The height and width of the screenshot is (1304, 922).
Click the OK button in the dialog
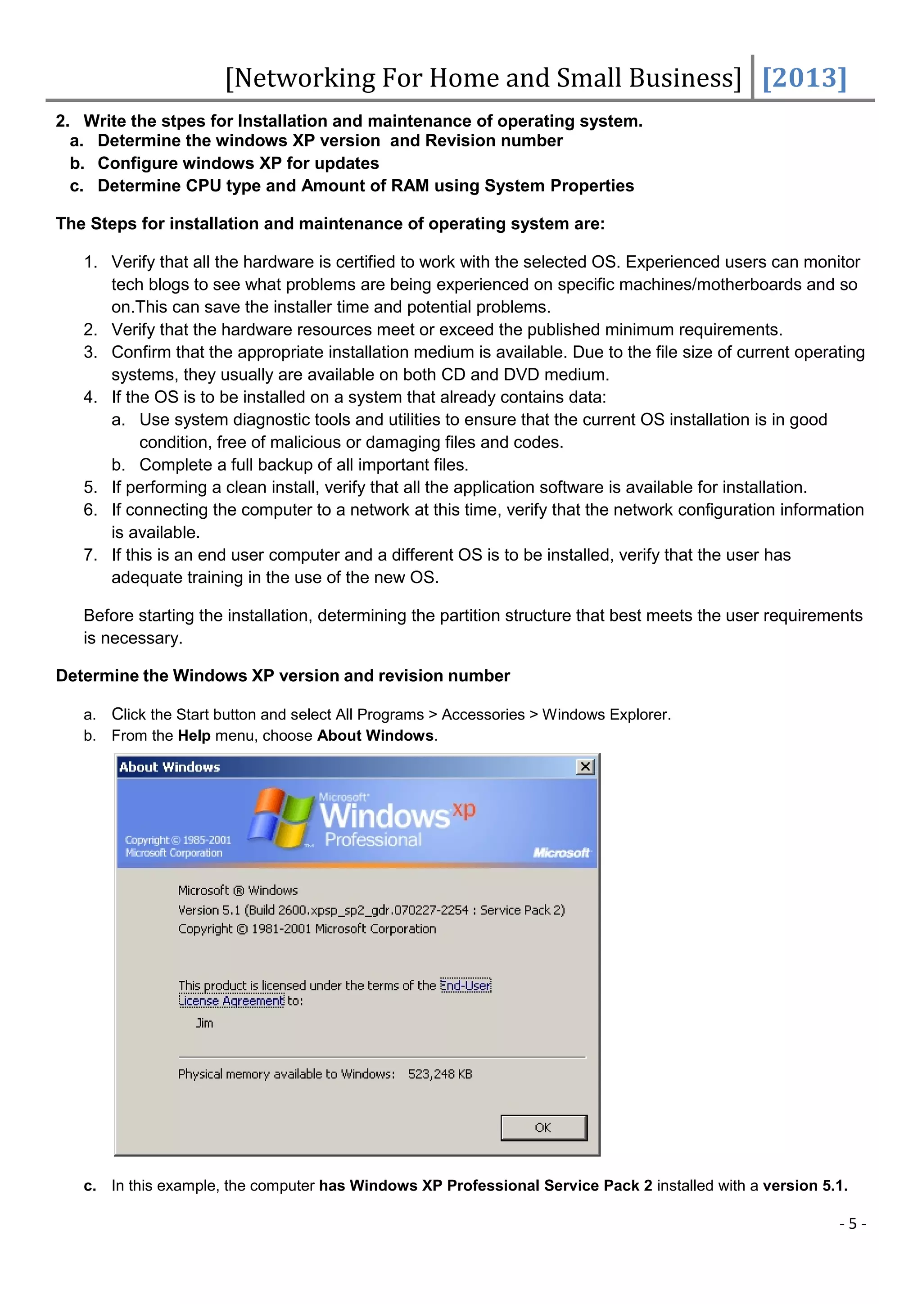point(543,1127)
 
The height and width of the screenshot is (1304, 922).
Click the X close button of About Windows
point(585,767)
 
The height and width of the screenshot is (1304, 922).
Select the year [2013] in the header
point(804,78)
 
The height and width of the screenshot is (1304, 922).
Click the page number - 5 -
point(852,1224)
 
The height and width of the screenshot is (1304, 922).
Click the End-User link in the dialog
point(466,985)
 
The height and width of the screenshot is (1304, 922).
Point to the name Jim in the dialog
point(204,1023)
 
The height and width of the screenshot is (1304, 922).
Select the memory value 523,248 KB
point(440,1074)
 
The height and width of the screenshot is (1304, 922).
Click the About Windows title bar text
point(169,767)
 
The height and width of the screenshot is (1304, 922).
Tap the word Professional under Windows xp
point(373,840)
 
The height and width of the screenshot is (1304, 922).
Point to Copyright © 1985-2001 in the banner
point(178,840)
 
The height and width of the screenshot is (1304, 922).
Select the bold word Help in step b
point(194,736)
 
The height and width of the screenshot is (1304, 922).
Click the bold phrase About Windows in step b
point(375,736)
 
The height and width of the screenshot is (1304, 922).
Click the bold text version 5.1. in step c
point(804,1186)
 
